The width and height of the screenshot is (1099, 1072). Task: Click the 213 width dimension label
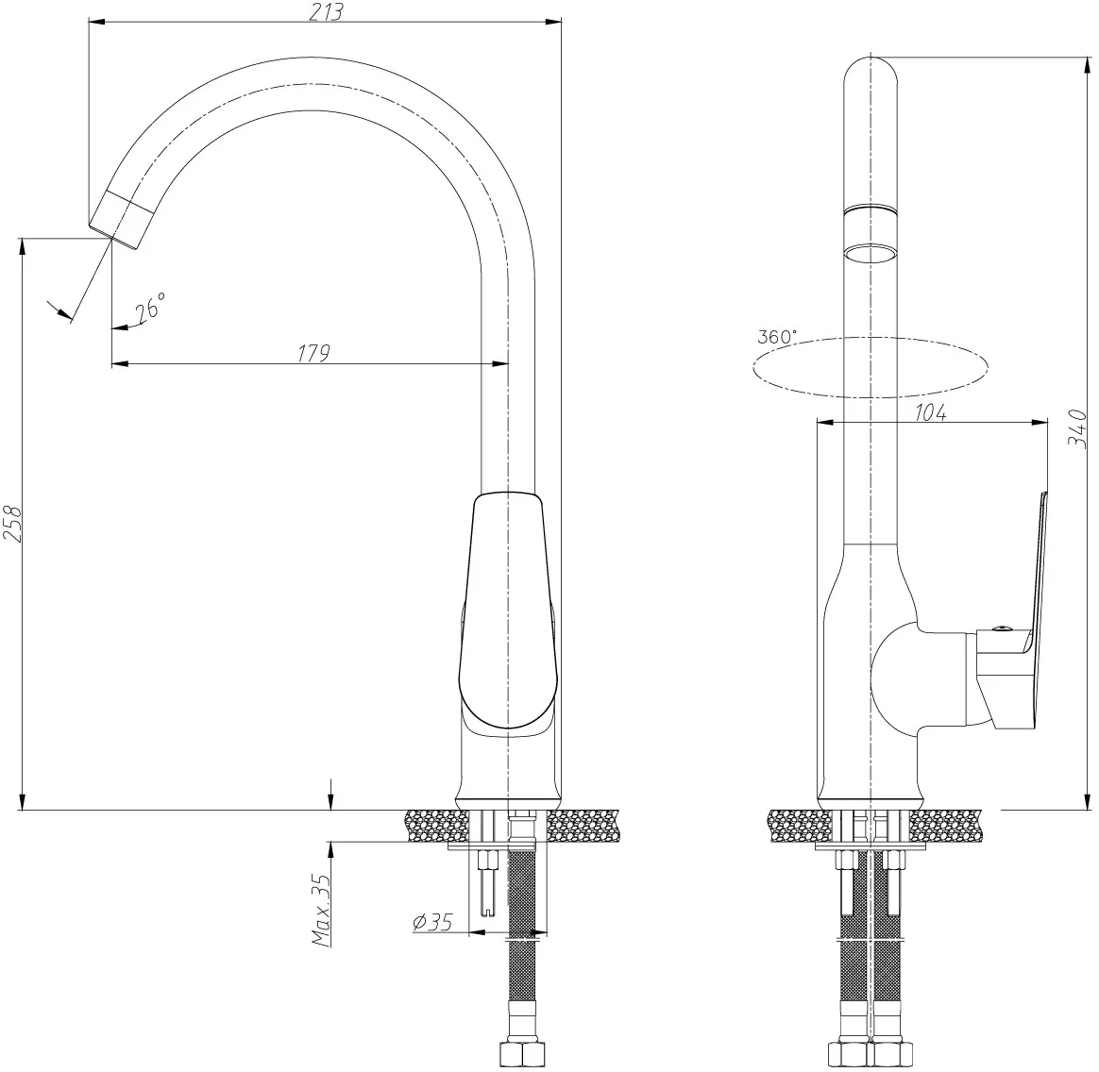[x=326, y=12]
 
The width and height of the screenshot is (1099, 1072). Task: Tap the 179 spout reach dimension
[x=313, y=353]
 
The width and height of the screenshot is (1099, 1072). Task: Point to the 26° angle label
[x=150, y=307]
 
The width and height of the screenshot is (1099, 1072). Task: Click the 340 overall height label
[x=1077, y=429]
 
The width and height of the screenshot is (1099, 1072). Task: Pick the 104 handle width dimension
[x=930, y=412]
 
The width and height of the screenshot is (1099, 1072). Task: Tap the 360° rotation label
[x=777, y=336]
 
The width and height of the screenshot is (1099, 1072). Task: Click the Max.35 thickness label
[x=321, y=910]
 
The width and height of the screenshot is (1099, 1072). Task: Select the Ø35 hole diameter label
[x=432, y=922]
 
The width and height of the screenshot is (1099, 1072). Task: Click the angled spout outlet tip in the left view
[x=114, y=220]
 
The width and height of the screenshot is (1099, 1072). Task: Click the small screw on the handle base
[x=1003, y=629]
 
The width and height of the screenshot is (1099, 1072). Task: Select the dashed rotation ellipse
[x=870, y=367]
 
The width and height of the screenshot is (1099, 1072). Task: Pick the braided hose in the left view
[x=520, y=946]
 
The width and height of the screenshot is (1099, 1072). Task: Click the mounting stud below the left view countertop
[x=488, y=880]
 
